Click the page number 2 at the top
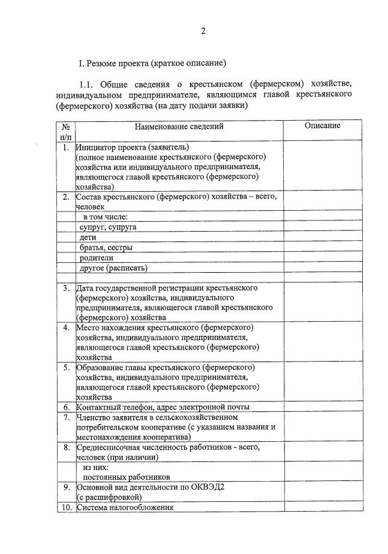203,31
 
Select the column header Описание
322,126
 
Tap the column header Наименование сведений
179,126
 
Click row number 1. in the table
66,148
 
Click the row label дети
88,237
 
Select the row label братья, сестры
106,248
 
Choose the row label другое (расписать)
114,268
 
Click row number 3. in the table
66,288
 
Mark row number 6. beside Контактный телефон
66,407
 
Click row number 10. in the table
65,507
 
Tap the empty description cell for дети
322,237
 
